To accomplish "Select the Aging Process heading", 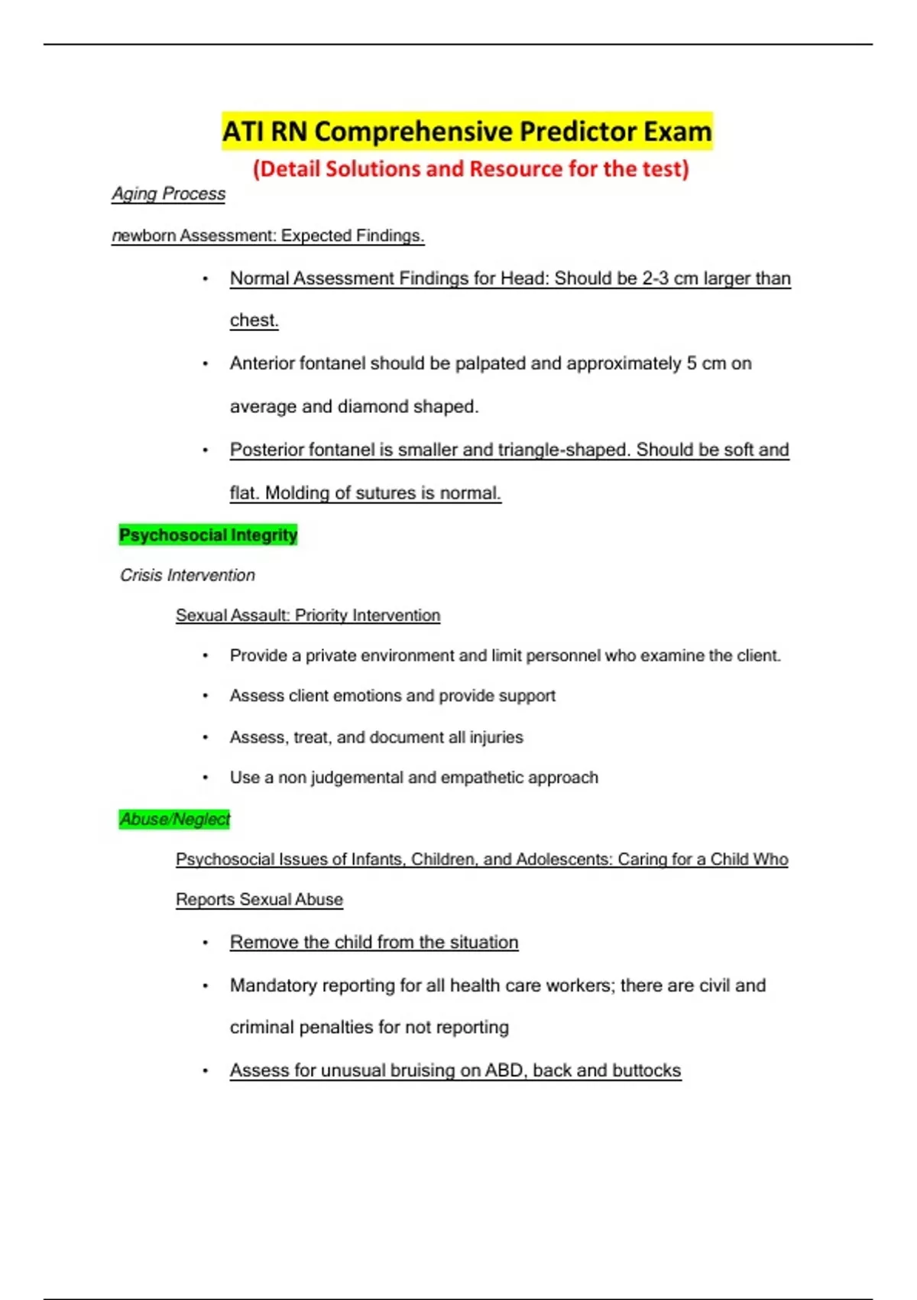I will pos(168,194).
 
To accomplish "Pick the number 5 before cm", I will pos(691,363).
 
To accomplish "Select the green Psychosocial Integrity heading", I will pos(208,535).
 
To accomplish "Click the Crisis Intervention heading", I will pos(187,575).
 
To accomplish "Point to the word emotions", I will pos(363,696).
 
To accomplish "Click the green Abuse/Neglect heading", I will pos(174,819).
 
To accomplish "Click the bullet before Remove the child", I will pos(205,943).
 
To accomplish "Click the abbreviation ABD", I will pos(504,1071).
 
